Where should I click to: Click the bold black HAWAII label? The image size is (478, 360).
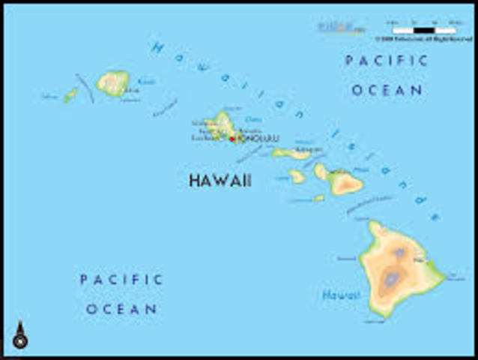point(220,181)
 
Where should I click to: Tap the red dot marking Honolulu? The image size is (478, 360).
point(232,139)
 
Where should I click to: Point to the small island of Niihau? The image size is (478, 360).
point(70,95)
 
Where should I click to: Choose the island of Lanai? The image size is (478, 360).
point(297,176)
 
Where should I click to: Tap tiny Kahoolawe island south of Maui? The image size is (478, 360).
point(320,198)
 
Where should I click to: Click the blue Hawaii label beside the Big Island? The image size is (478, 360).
point(341,295)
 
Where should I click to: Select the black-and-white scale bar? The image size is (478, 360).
point(423,31)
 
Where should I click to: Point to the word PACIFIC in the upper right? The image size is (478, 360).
point(386,61)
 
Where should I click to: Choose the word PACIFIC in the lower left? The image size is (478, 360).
point(121,280)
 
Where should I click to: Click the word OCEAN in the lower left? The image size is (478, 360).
point(121,308)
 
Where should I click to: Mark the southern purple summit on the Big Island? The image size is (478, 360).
point(391,281)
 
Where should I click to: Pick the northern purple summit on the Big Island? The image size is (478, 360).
point(399,253)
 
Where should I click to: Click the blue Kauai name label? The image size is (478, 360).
point(147,80)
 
